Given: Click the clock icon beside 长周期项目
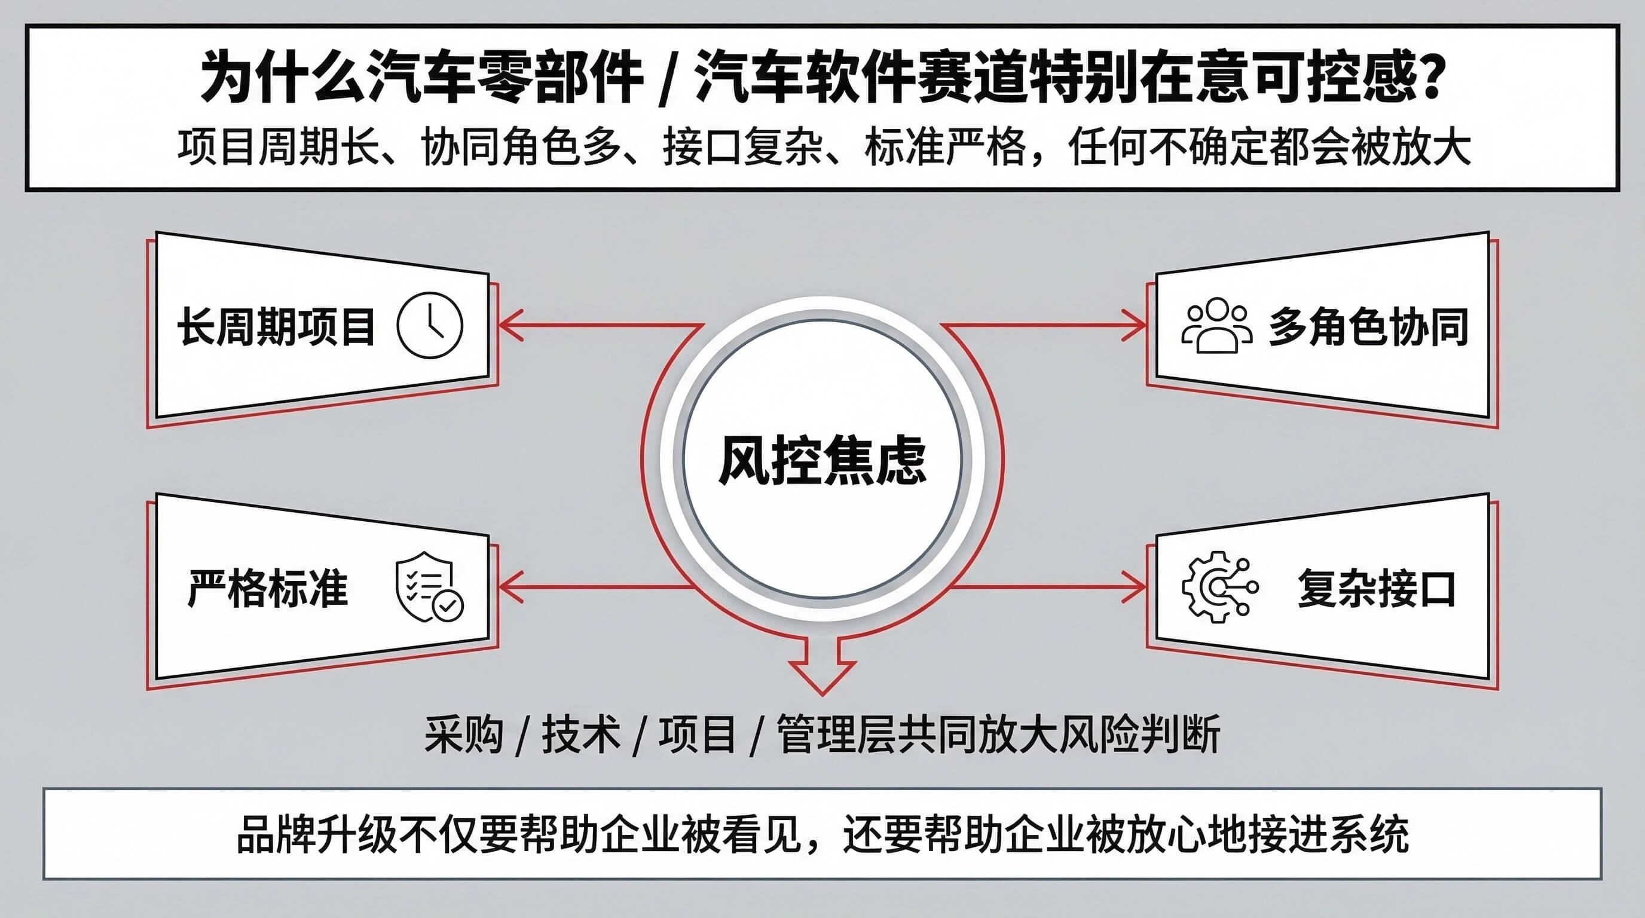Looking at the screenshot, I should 430,325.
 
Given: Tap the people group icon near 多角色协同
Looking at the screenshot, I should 1216,325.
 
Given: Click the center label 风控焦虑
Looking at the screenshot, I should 822,460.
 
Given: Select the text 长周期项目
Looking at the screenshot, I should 276,327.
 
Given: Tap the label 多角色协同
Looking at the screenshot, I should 1368,327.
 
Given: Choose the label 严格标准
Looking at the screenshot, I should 268,588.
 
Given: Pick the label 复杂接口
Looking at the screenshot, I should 1376,588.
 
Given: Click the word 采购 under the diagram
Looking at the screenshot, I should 464,734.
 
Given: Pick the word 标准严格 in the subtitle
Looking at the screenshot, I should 945,147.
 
